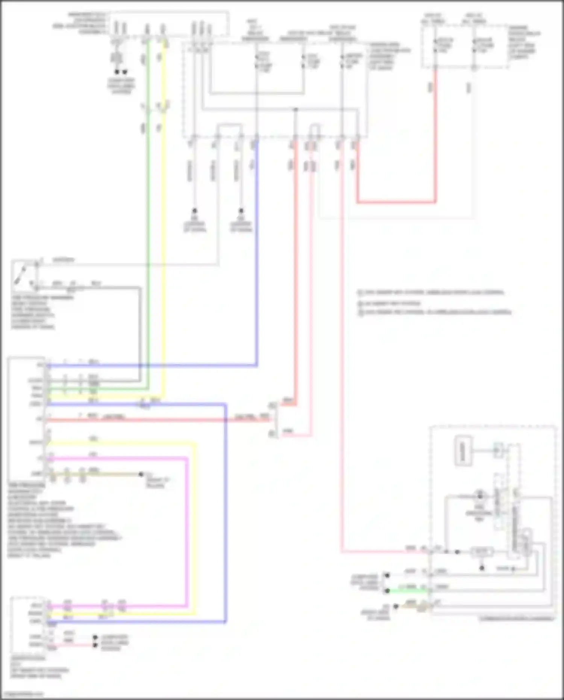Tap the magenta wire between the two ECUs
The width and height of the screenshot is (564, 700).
tap(186, 527)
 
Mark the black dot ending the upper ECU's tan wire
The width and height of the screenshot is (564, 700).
tap(141, 474)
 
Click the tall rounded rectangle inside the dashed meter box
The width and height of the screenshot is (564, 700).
tap(463, 451)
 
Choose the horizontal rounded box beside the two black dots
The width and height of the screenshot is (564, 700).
tap(482, 552)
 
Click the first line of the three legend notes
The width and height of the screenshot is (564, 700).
tap(432, 292)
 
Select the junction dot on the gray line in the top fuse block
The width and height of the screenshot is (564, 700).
tap(296, 109)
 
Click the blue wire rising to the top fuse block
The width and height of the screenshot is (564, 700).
tap(256, 263)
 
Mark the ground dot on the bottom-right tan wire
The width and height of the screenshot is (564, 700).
tap(396, 606)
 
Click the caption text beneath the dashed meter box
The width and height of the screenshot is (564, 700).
tap(517, 618)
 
